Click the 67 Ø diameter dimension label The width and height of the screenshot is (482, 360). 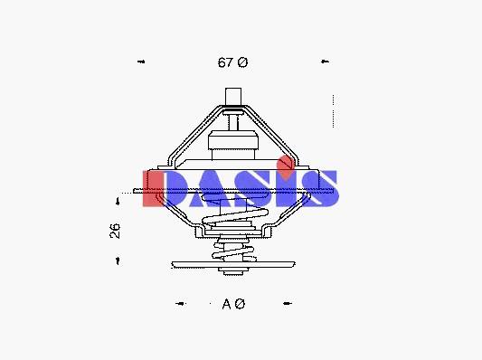pos(232,62)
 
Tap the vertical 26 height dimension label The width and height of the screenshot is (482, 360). pos(115,231)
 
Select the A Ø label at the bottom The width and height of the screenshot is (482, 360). pos(233,304)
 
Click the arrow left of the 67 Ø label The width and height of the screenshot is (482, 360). pos(141,62)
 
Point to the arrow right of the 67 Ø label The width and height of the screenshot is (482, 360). pos(325,62)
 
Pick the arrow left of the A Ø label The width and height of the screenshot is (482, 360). pos(181,304)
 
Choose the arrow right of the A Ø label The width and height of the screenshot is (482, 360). pos(288,303)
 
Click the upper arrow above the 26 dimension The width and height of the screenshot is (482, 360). pos(118,202)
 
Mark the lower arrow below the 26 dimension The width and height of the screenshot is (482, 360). pos(118,261)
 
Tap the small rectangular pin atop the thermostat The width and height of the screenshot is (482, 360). pos(233,96)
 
